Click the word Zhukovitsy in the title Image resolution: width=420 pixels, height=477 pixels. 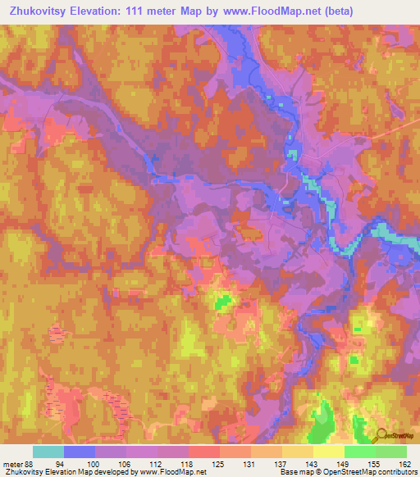[x=40, y=11]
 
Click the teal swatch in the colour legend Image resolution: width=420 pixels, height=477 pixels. [x=48, y=452]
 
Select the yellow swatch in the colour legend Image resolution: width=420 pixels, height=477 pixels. [x=329, y=452]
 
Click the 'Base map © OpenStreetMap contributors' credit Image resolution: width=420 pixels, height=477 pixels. [x=346, y=471]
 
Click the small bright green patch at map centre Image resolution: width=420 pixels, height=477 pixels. [x=221, y=303]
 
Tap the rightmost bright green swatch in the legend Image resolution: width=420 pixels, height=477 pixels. [x=391, y=452]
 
